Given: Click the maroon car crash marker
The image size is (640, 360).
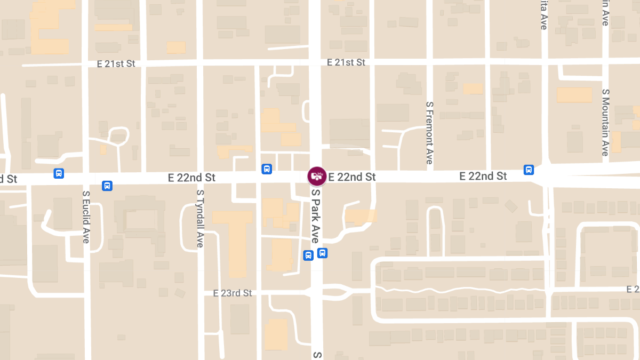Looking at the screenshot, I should [x=317, y=176].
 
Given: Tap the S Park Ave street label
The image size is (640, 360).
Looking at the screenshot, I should [x=315, y=216].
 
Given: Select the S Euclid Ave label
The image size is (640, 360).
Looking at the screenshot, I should [x=86, y=217].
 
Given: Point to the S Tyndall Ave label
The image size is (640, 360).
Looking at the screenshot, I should [x=200, y=219].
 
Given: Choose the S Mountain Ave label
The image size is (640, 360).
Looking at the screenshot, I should [x=605, y=122].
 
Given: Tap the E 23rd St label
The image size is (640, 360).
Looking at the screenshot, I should [x=233, y=293].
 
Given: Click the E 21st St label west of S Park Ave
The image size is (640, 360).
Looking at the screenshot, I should [x=116, y=63].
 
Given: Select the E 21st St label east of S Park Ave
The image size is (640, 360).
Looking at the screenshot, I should [x=346, y=62].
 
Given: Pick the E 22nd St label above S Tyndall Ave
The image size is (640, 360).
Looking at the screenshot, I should [x=191, y=178].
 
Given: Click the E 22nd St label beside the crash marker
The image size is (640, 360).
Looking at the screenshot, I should [x=352, y=177].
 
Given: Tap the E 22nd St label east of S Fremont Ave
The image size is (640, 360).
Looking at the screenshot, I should [x=483, y=176].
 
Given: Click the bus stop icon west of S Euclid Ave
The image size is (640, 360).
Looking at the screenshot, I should [x=59, y=173].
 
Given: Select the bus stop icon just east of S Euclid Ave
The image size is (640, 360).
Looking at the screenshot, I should [x=107, y=186].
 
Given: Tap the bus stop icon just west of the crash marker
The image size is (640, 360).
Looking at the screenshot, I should [x=267, y=169].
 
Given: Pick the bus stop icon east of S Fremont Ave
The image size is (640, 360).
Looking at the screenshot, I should [x=529, y=170].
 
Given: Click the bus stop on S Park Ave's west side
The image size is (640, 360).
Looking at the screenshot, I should [x=308, y=255].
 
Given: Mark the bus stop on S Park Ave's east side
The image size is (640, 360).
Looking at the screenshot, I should [x=322, y=253].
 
